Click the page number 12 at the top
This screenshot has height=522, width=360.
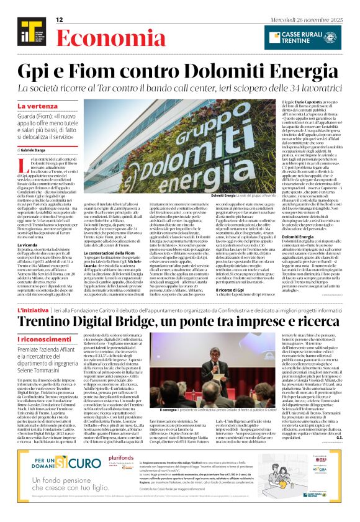point(60,20)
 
